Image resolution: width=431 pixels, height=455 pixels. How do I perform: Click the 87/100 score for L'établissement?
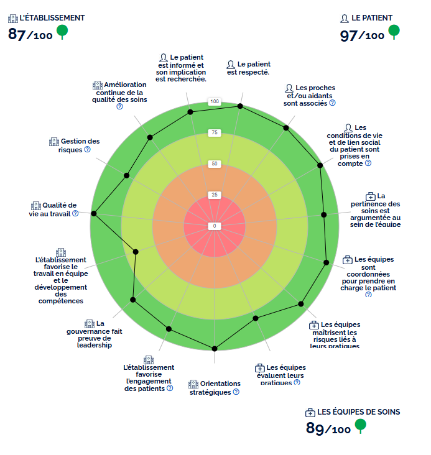(x=30, y=34)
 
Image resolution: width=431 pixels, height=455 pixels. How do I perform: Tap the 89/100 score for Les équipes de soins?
(x=328, y=429)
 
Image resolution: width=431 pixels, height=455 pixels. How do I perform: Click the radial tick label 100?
(x=215, y=101)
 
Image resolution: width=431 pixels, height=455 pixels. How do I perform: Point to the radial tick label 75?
(x=215, y=132)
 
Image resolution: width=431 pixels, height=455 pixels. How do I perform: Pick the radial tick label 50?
(x=215, y=164)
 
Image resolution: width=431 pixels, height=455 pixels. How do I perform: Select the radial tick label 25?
(x=215, y=195)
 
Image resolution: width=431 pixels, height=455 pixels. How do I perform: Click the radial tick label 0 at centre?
(x=215, y=226)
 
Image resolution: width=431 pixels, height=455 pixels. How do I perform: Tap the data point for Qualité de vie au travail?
(x=94, y=213)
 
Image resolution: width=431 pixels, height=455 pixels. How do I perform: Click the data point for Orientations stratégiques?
(x=215, y=348)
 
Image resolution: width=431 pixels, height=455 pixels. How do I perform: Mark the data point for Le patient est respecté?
(x=240, y=106)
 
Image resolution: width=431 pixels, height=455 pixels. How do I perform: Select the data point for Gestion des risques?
(x=126, y=175)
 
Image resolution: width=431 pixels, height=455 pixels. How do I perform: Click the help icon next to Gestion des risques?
(x=87, y=149)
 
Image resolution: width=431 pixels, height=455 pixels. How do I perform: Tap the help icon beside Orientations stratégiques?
(x=236, y=392)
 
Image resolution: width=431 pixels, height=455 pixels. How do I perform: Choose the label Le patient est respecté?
(x=248, y=68)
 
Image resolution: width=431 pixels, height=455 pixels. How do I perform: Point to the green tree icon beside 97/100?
(x=394, y=31)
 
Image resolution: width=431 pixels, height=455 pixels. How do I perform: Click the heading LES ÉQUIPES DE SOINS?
(x=358, y=412)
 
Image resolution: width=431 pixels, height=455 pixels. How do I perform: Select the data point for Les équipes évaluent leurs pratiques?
(x=256, y=318)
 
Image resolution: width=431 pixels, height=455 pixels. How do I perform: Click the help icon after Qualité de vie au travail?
(x=75, y=213)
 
